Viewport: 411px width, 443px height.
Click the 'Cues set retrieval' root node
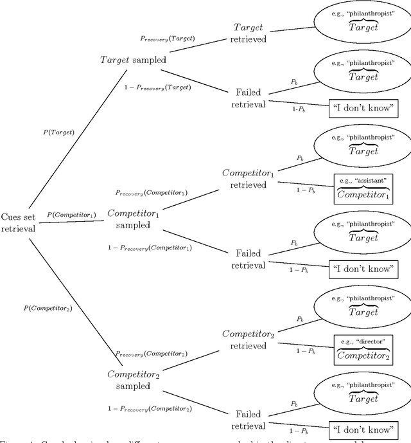[x=19, y=222]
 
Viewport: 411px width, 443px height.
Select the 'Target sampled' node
[x=132, y=60]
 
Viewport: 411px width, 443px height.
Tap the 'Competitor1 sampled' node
[x=132, y=219]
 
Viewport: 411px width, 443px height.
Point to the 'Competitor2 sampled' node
[x=132, y=379]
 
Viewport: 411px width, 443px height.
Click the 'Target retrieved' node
[x=247, y=33]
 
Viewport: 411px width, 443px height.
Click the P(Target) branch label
[x=58, y=132]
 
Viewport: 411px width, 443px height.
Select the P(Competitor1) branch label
[x=71, y=214]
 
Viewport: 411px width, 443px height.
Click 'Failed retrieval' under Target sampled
[x=247, y=99]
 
